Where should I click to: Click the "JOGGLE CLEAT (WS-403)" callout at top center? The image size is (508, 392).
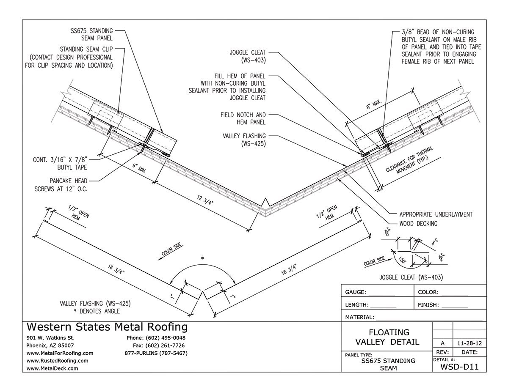coord(247,56)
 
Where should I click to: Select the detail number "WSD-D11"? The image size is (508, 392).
coord(459,367)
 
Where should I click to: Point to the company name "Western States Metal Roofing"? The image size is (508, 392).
coord(107,327)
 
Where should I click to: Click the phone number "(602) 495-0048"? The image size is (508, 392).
coord(166,338)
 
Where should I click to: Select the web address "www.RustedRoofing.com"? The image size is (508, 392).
coord(57,361)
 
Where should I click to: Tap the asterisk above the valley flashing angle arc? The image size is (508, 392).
coord(203,258)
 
